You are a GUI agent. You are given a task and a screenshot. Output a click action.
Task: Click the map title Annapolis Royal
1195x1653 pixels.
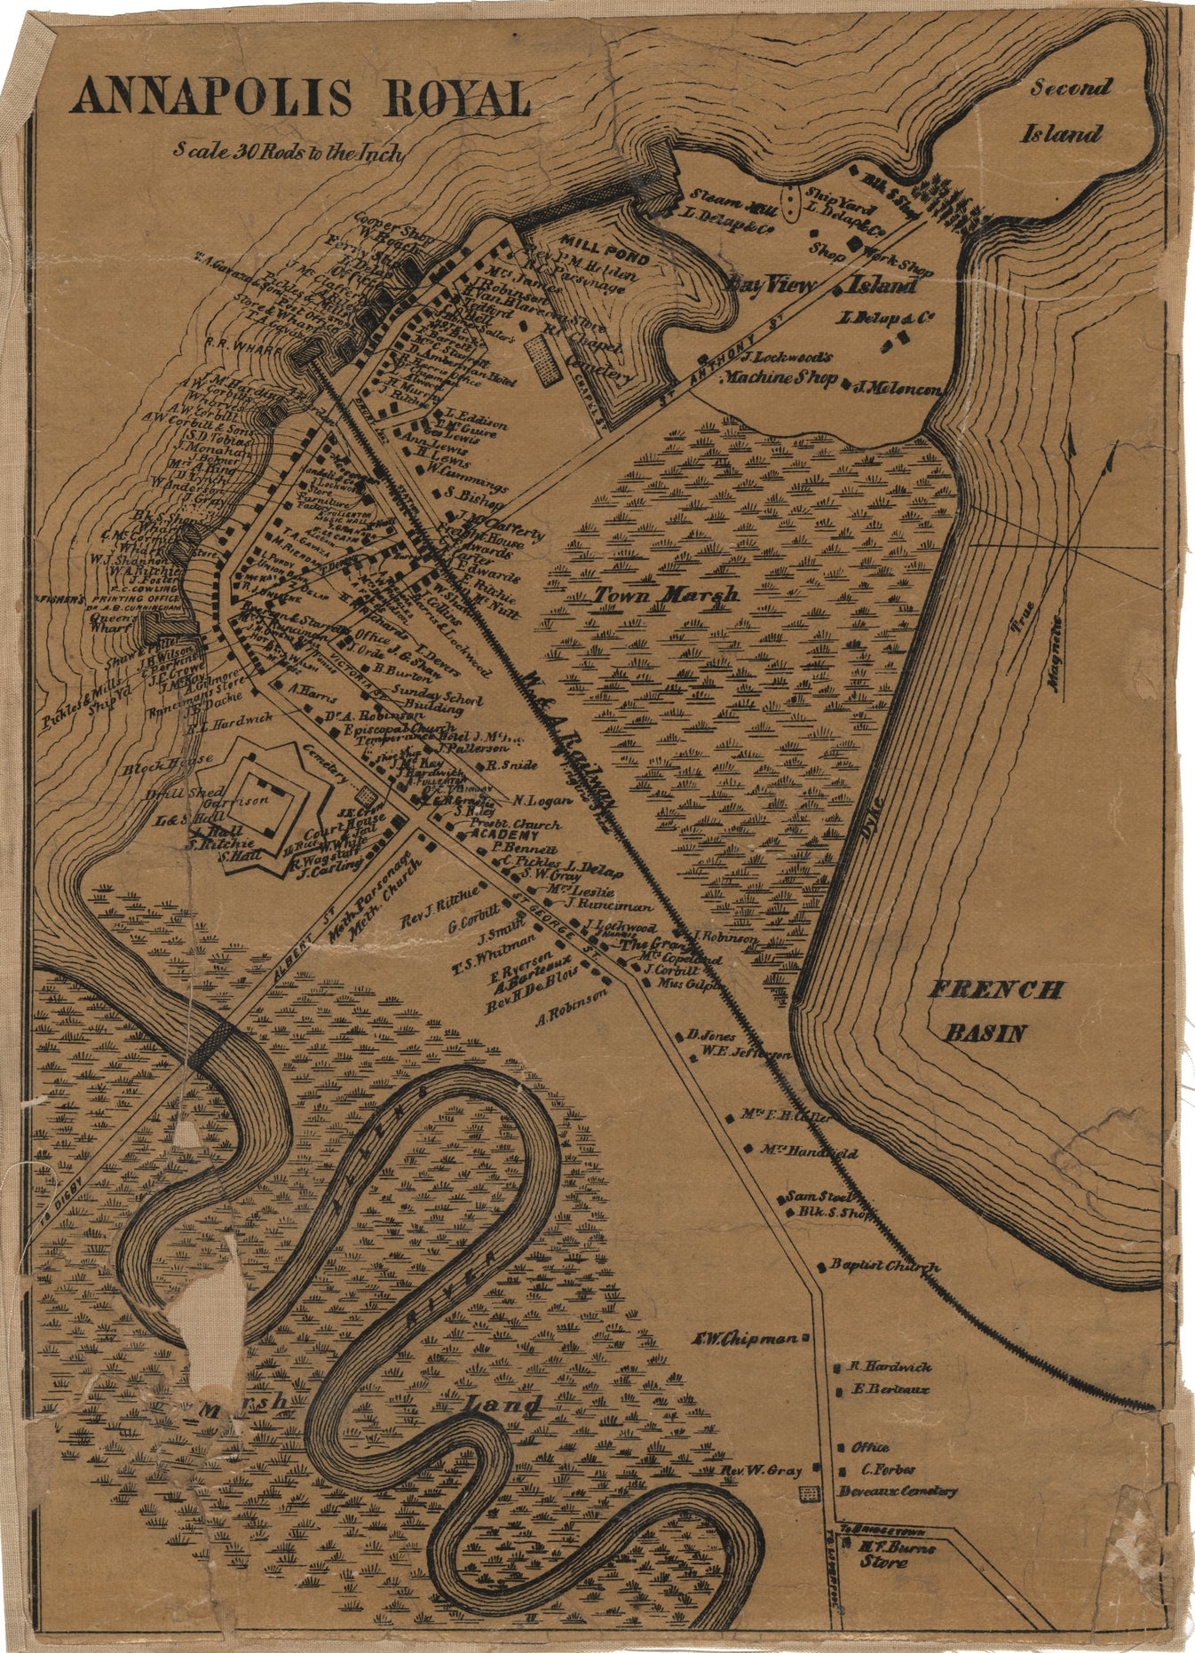click(300, 98)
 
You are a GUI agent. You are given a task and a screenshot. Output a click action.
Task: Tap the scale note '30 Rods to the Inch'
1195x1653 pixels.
click(289, 152)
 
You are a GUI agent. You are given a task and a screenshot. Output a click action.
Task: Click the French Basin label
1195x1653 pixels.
click(993, 1010)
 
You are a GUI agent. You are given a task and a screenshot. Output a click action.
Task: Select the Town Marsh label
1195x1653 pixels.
click(666, 594)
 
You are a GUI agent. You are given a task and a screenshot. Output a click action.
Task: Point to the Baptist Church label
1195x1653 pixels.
click(884, 1266)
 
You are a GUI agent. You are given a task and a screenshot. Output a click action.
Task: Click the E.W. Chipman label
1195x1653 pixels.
click(744, 1339)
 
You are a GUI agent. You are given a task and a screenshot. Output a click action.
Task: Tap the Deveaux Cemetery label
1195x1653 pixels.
click(898, 1491)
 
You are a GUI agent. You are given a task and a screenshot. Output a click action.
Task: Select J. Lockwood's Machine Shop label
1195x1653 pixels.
click(780, 368)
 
